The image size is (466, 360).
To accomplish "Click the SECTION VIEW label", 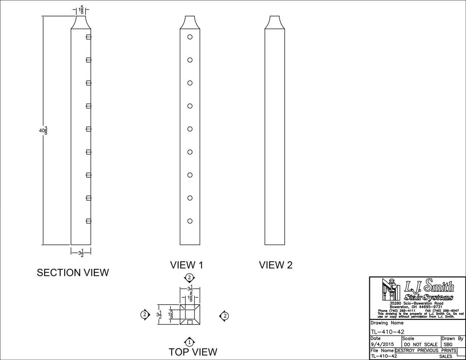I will click(x=73, y=273).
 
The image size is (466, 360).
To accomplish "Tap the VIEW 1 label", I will click(x=186, y=265).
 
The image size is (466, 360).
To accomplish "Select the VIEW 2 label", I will click(x=276, y=265).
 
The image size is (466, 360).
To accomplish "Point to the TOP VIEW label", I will click(x=193, y=352).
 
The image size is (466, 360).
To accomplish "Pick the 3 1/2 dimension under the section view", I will click(x=81, y=253).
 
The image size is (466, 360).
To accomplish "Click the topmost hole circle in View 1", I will click(x=190, y=37).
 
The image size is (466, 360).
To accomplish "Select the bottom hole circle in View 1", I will click(x=190, y=221).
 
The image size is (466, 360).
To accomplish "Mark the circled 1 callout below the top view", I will click(x=189, y=342).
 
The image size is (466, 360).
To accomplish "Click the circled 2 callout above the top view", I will click(x=189, y=278).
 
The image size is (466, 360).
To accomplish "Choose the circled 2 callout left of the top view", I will click(x=145, y=314).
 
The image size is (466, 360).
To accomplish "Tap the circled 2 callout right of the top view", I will click(x=224, y=316).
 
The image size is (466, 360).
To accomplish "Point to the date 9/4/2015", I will click(x=382, y=344).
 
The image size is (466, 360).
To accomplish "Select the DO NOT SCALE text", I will click(x=421, y=344).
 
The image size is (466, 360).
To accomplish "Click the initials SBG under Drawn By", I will click(x=448, y=344).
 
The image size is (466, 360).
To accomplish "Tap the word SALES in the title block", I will click(x=446, y=356).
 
